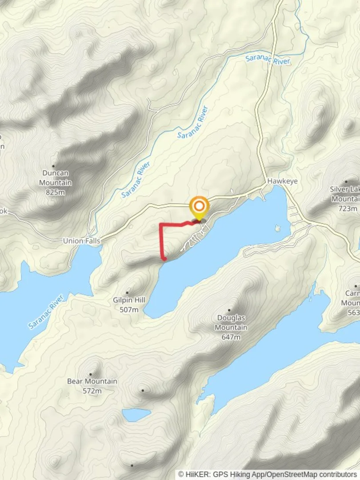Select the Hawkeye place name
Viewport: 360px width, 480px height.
click(x=282, y=181)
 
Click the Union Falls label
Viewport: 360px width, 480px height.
click(x=82, y=240)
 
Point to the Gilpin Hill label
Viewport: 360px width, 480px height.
click(x=129, y=300)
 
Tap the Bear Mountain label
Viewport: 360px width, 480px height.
click(x=92, y=381)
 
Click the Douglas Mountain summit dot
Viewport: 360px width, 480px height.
click(x=229, y=310)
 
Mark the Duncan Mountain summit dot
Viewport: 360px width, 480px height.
click(x=54, y=166)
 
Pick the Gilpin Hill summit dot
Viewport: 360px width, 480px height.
click(x=128, y=292)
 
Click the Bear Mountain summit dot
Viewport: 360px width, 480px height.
click(x=91, y=374)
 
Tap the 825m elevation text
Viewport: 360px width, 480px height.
click(x=56, y=192)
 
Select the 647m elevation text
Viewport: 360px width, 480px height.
click(x=231, y=337)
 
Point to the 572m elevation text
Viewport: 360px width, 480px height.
click(x=92, y=391)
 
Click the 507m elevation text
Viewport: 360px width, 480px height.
click(x=129, y=309)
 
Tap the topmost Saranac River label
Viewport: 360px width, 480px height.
click(x=268, y=59)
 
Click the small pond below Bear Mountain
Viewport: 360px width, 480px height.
click(x=136, y=415)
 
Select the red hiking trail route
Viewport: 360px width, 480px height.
click(x=160, y=240)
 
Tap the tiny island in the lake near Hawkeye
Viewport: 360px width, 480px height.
click(x=278, y=229)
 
